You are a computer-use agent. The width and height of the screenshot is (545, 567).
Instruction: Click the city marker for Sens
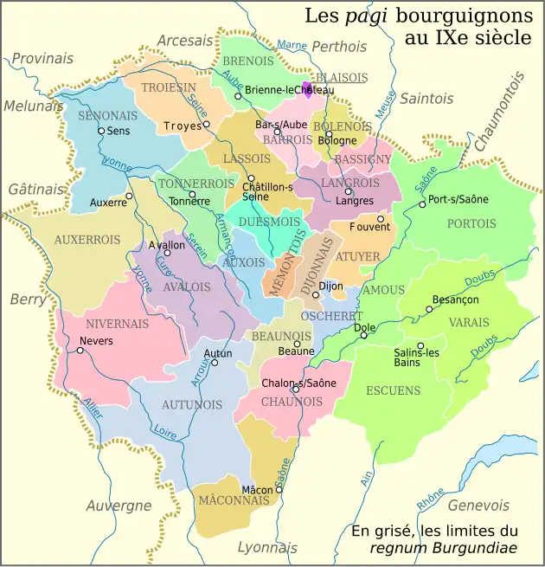point(101,131)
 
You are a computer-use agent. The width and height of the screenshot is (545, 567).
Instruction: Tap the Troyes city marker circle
point(207,125)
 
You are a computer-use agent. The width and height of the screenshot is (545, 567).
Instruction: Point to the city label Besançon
point(455,300)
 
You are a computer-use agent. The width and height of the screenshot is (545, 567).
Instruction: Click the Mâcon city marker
point(279,490)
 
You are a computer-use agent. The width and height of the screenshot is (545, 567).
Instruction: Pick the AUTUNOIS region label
point(188,404)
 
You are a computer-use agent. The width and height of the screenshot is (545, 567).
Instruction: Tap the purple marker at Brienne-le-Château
point(306,88)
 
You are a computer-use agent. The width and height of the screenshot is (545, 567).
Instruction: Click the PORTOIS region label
point(471,223)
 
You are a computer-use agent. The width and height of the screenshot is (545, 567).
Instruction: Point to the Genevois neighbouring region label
point(479,506)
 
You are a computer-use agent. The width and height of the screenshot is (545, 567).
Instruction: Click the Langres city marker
point(348,192)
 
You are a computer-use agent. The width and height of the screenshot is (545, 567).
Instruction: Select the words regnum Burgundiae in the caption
point(444,547)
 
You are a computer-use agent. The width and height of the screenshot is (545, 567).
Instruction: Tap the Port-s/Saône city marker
point(422,204)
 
